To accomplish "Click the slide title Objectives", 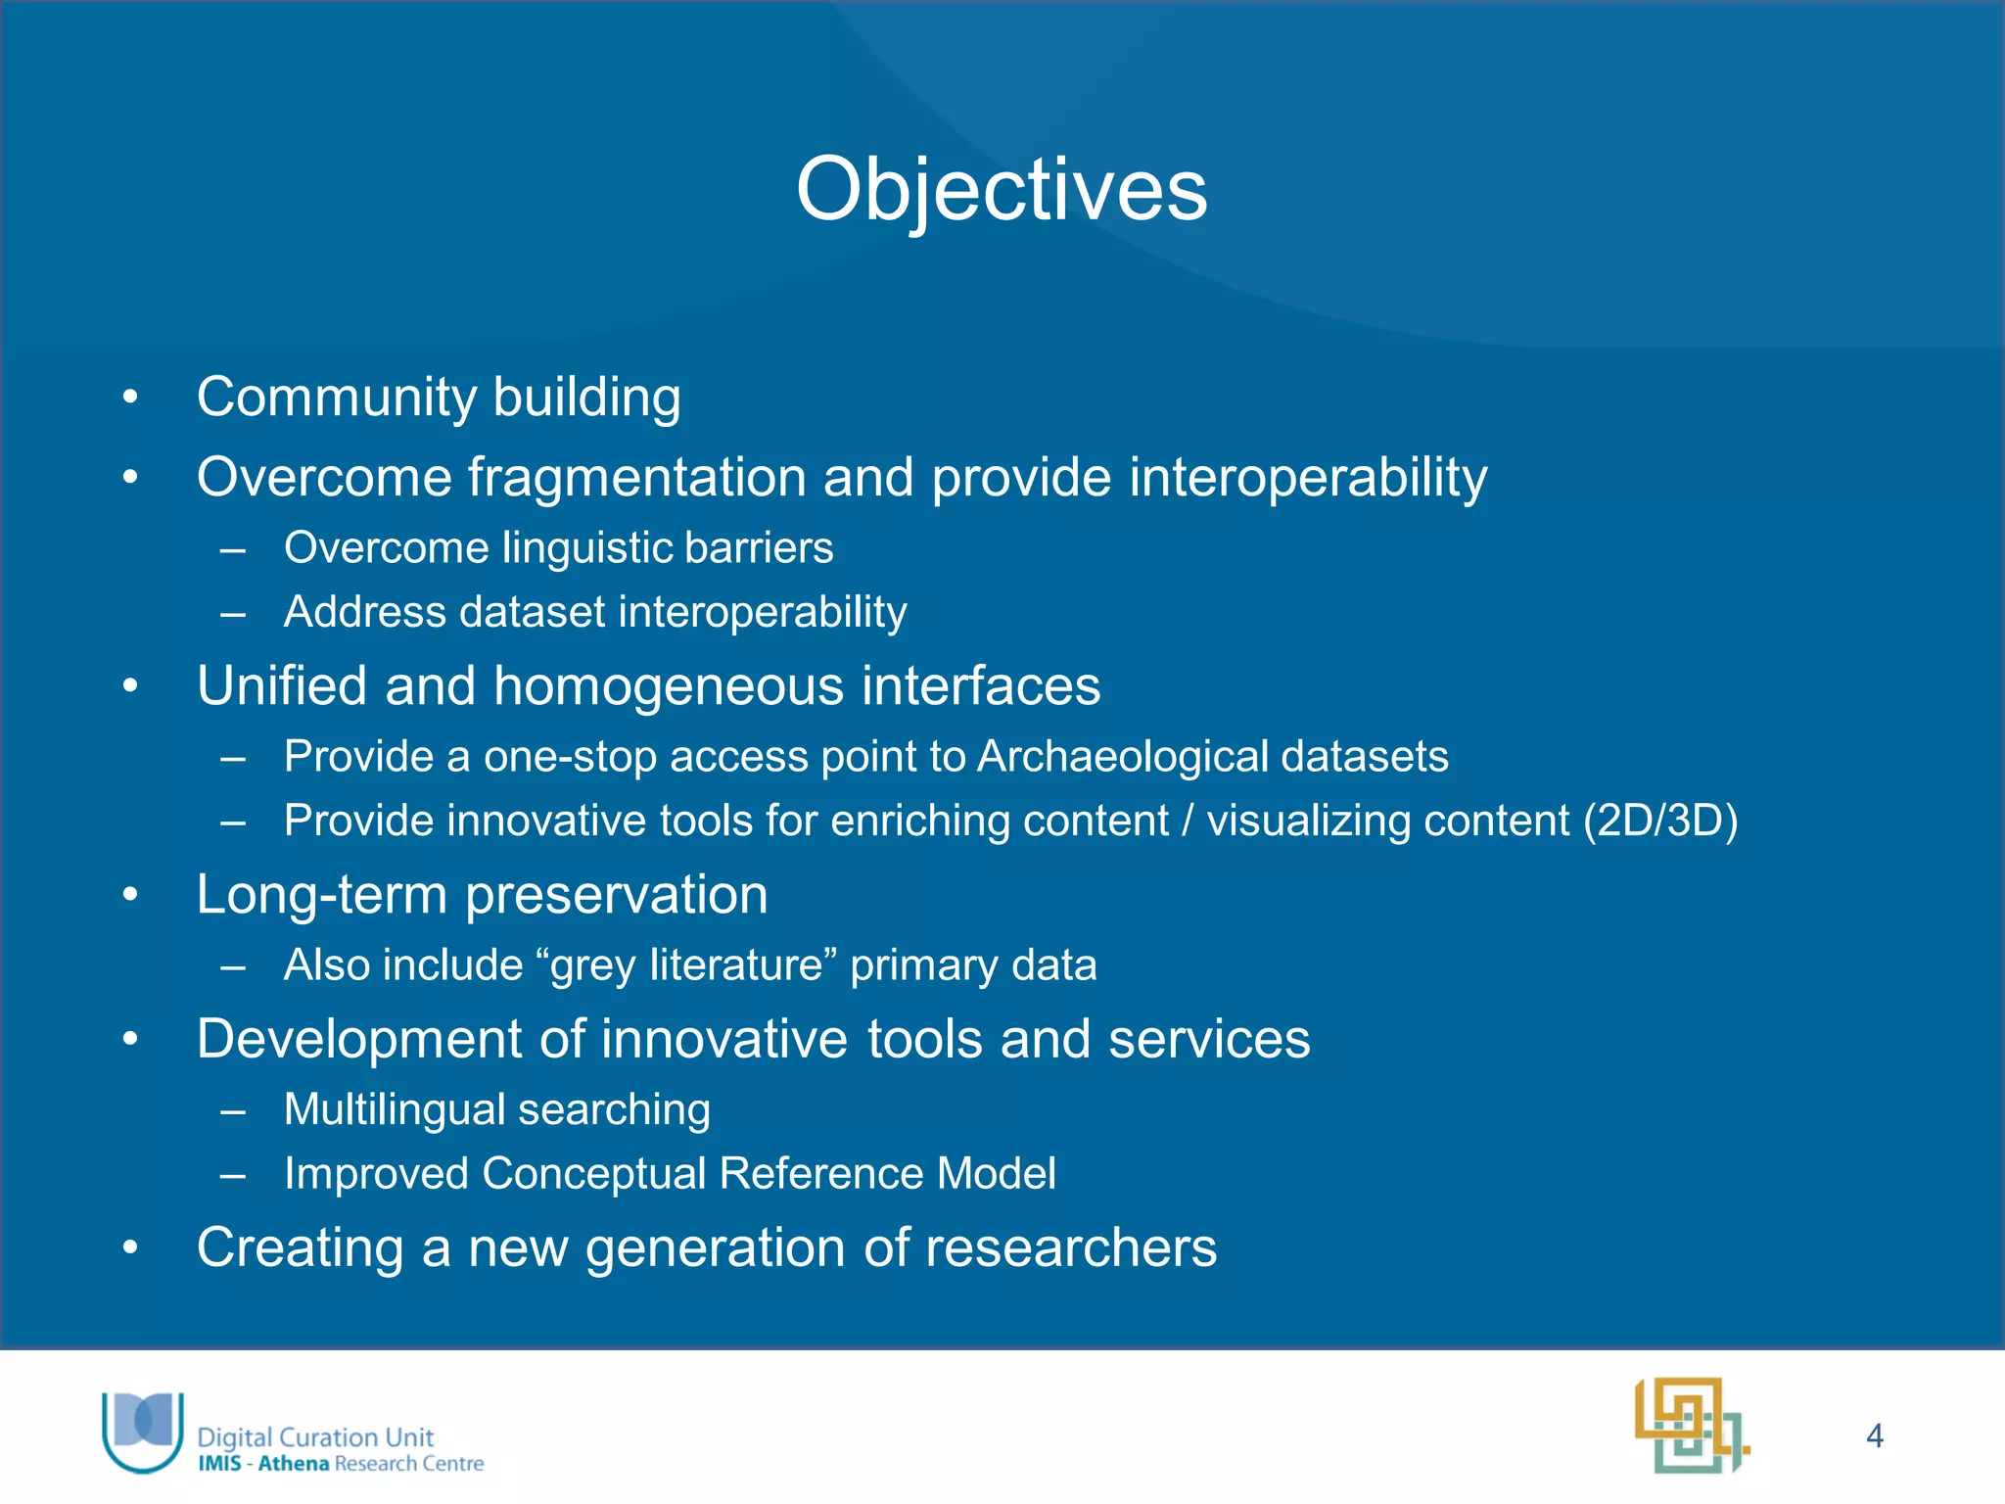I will tap(1002, 190).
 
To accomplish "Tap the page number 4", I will tap(1874, 1435).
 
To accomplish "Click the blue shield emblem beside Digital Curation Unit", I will tap(143, 1430).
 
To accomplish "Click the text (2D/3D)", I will tap(1660, 821).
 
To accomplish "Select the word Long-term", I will tap(321, 895).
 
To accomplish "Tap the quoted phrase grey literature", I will tap(685, 965).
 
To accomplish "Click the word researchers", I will tap(1070, 1248).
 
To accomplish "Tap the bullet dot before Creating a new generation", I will tap(130, 1248).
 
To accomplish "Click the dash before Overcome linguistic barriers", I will tap(232, 549).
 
